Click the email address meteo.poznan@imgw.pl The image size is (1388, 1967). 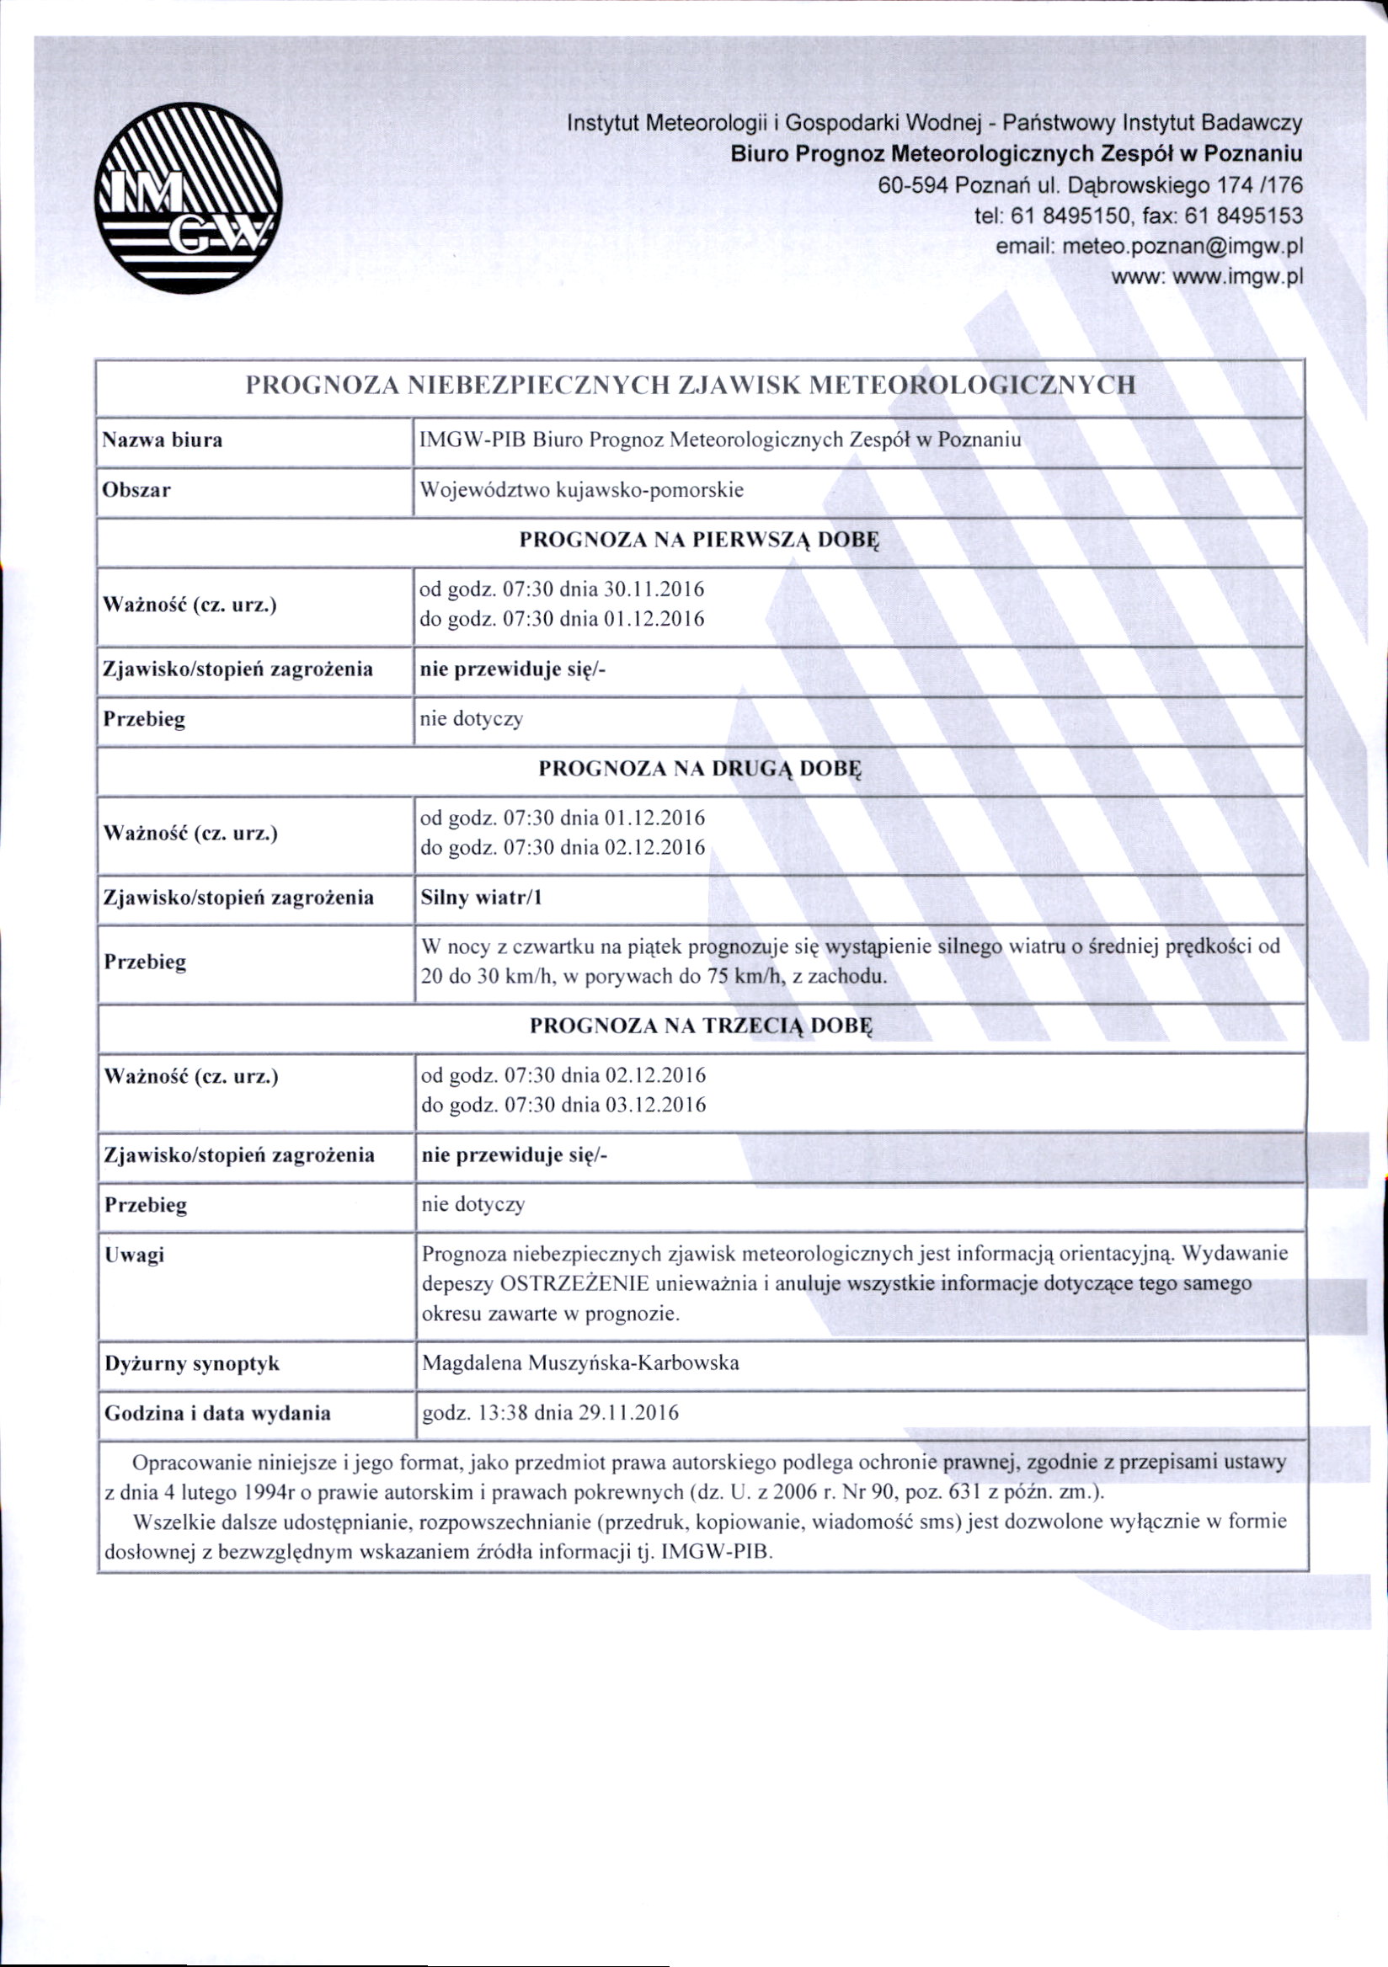point(1182,247)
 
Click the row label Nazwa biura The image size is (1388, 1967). point(162,440)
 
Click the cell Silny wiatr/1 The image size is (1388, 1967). point(482,898)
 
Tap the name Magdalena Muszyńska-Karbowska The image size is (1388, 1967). point(580,1363)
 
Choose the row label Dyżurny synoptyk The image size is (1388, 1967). point(192,1363)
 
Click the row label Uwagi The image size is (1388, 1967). point(134,1255)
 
